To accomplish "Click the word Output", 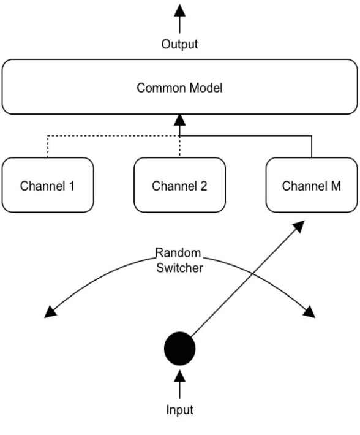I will point(179,44).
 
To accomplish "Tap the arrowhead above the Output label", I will point(179,10).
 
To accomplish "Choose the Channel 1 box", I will point(47,185).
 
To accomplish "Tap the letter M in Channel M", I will point(337,186).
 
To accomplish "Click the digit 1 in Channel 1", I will point(72,186).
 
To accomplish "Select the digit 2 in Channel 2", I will point(204,186).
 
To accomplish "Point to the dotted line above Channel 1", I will point(48,147).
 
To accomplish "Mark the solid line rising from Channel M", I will point(312,147).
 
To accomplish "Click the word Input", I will point(179,409).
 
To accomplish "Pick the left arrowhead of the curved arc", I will point(51,312).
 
